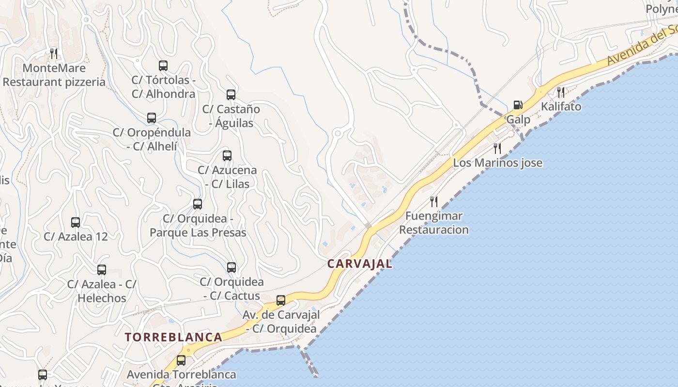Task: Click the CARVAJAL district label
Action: coord(360,264)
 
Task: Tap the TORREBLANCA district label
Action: coord(173,337)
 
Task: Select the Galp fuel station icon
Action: coord(518,105)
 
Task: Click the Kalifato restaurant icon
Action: coord(561,92)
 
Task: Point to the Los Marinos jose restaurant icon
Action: coord(497,148)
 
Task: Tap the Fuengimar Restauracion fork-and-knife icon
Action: coord(434,201)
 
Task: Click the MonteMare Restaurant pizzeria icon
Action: coord(54,53)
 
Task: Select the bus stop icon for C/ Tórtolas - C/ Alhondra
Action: coord(163,66)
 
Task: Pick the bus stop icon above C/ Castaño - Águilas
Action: coord(231,95)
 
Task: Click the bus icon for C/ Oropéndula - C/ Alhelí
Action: coord(152,118)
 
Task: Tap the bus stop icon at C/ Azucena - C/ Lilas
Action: coord(227,156)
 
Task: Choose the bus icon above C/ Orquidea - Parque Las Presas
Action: coord(198,204)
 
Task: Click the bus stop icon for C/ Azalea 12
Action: coord(76,223)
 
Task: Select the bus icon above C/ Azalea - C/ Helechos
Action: coord(102,270)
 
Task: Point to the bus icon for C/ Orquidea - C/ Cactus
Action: coord(231,268)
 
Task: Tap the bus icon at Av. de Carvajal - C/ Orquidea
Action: coord(281,300)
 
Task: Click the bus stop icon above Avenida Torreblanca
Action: coord(181,360)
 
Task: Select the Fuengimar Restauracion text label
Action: coord(434,223)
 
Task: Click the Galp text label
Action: coord(518,119)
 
